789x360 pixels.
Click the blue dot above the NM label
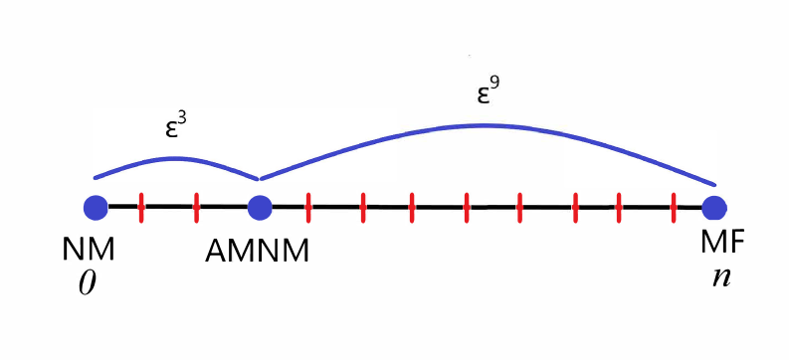pyautogui.click(x=95, y=208)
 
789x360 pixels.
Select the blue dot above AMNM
pyautogui.click(x=259, y=208)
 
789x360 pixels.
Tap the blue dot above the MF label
pyautogui.click(x=713, y=208)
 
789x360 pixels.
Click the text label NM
pyautogui.click(x=88, y=250)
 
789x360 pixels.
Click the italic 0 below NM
pyautogui.click(x=87, y=282)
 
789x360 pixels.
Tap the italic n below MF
pyautogui.click(x=720, y=275)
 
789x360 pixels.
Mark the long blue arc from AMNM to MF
pyautogui.click(x=487, y=126)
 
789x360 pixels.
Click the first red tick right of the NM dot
pyautogui.click(x=141, y=208)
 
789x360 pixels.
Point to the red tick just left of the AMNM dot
pyautogui.click(x=196, y=208)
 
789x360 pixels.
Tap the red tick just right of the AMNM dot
pyautogui.click(x=308, y=208)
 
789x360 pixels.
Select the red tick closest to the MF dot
pyautogui.click(x=676, y=208)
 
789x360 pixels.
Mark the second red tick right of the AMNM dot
pyautogui.click(x=362, y=208)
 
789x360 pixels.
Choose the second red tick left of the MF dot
pyautogui.click(x=620, y=208)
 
